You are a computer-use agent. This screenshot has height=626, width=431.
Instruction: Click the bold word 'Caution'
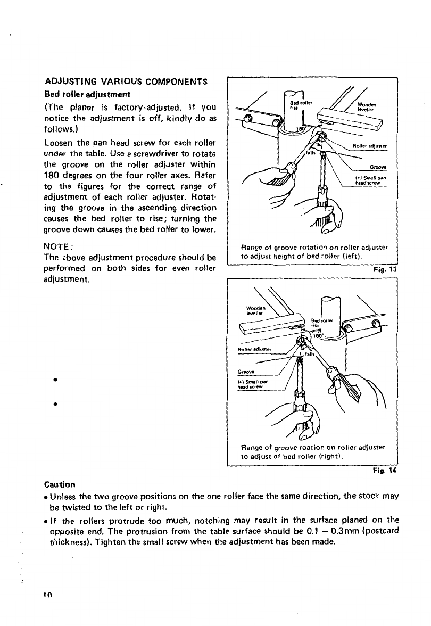pyautogui.click(x=60, y=484)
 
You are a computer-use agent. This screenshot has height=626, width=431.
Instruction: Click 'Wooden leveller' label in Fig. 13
pyautogui.click(x=364, y=106)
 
